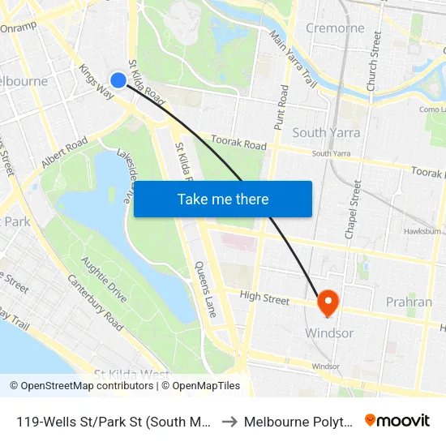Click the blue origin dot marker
pyautogui.click(x=118, y=79)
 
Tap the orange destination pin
pyautogui.click(x=328, y=302)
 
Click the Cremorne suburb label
pyautogui.click(x=335, y=28)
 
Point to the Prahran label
pyautogui.click(x=409, y=302)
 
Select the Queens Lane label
pyautogui.click(x=204, y=288)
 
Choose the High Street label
pyautogui.click(x=264, y=298)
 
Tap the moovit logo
pyautogui.click(x=397, y=420)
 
